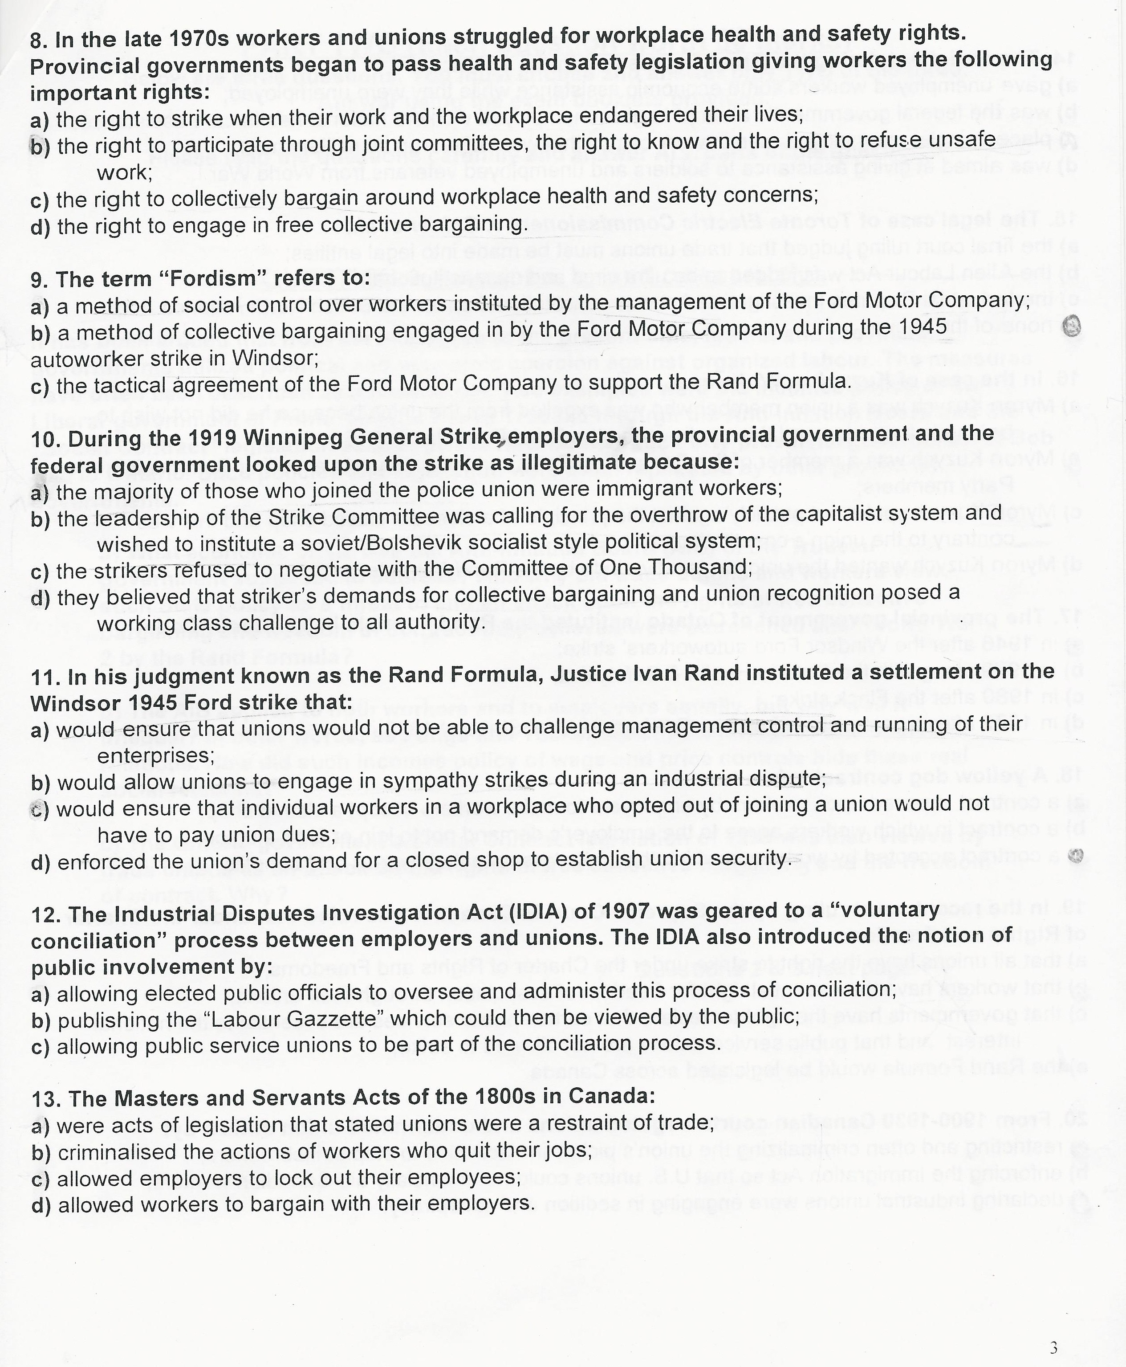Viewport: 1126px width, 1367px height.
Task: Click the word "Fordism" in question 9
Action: point(209,278)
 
